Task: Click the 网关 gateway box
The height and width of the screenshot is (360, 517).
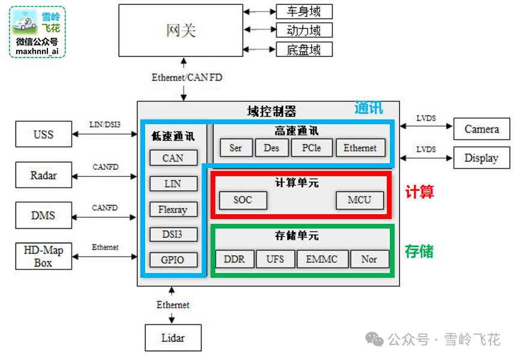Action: click(x=181, y=30)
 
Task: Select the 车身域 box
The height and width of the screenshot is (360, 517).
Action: click(x=303, y=11)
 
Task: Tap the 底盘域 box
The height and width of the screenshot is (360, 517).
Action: click(x=303, y=49)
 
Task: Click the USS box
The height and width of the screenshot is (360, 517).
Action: click(x=43, y=134)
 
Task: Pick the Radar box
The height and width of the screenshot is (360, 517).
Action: click(x=43, y=175)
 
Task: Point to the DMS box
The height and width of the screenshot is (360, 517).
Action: click(x=43, y=215)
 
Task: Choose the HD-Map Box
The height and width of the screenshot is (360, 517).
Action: click(x=43, y=256)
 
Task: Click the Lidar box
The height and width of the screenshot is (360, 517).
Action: click(x=173, y=338)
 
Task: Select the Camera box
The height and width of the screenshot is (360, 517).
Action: click(x=482, y=129)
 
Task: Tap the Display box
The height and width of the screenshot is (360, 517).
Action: click(x=482, y=158)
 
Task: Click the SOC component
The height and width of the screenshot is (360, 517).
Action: click(x=243, y=200)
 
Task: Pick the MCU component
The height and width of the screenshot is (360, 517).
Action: click(x=359, y=200)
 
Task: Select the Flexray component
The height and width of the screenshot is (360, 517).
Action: click(x=173, y=209)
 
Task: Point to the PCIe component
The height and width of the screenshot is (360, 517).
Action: click(x=311, y=148)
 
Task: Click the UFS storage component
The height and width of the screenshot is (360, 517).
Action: click(x=275, y=259)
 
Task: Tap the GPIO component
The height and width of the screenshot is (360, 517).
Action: click(x=173, y=260)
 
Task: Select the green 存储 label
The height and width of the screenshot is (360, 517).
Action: click(x=419, y=251)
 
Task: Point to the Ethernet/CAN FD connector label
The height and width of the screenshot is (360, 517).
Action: click(x=187, y=77)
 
